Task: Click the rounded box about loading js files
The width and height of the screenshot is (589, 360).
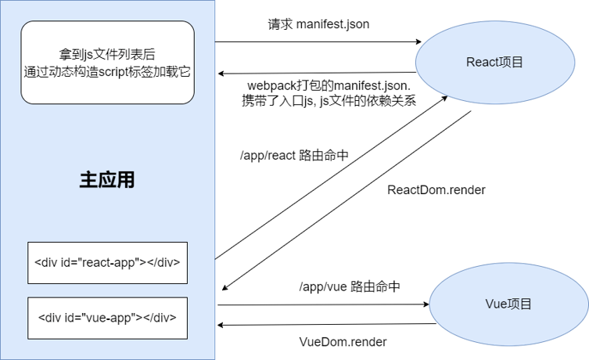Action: tap(107, 63)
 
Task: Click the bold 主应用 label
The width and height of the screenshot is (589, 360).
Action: tap(107, 179)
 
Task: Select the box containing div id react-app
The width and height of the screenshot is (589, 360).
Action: tap(107, 263)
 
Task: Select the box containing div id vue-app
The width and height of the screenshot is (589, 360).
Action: tap(107, 318)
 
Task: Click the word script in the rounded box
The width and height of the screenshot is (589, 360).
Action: tap(134, 71)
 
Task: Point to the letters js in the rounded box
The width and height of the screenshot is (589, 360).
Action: tap(88, 55)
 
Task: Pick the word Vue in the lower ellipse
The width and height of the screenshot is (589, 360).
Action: tap(497, 304)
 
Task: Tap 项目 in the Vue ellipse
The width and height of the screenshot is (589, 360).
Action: tap(520, 304)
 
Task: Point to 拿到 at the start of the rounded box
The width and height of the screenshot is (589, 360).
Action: tap(70, 55)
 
